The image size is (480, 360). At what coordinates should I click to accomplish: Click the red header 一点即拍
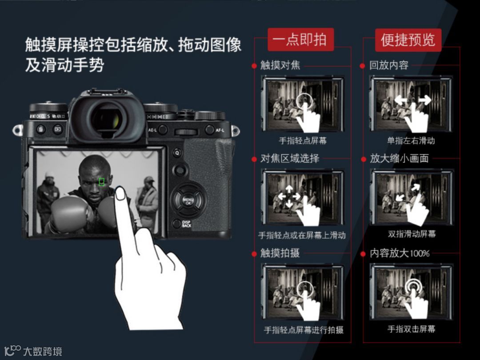pos(300,40)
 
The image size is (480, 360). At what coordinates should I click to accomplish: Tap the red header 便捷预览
pos(408,40)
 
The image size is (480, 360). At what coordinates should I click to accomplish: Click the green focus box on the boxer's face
pos(102,182)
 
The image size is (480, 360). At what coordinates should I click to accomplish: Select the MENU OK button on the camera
pos(188,201)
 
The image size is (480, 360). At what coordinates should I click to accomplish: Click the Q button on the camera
pos(177,152)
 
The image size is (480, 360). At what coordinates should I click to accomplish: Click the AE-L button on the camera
pos(163,130)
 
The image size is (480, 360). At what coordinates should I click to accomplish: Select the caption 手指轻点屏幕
pos(303,140)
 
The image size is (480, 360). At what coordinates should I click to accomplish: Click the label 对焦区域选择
pos(290,158)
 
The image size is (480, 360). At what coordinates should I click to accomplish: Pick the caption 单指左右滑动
pos(411,140)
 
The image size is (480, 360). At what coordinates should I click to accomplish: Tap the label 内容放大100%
pos(399,253)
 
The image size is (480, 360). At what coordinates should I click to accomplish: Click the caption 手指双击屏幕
pos(411,329)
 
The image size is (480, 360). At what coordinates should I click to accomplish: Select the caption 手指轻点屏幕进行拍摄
pos(304,330)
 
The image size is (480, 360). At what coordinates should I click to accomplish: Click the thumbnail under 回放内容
pos(411,104)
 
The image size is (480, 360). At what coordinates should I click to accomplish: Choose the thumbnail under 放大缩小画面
pos(411,198)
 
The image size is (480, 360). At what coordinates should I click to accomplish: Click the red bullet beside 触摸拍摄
pos(254,254)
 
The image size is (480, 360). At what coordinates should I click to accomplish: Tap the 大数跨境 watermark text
pos(43,352)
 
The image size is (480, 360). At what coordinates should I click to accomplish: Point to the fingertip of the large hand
pos(120,189)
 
